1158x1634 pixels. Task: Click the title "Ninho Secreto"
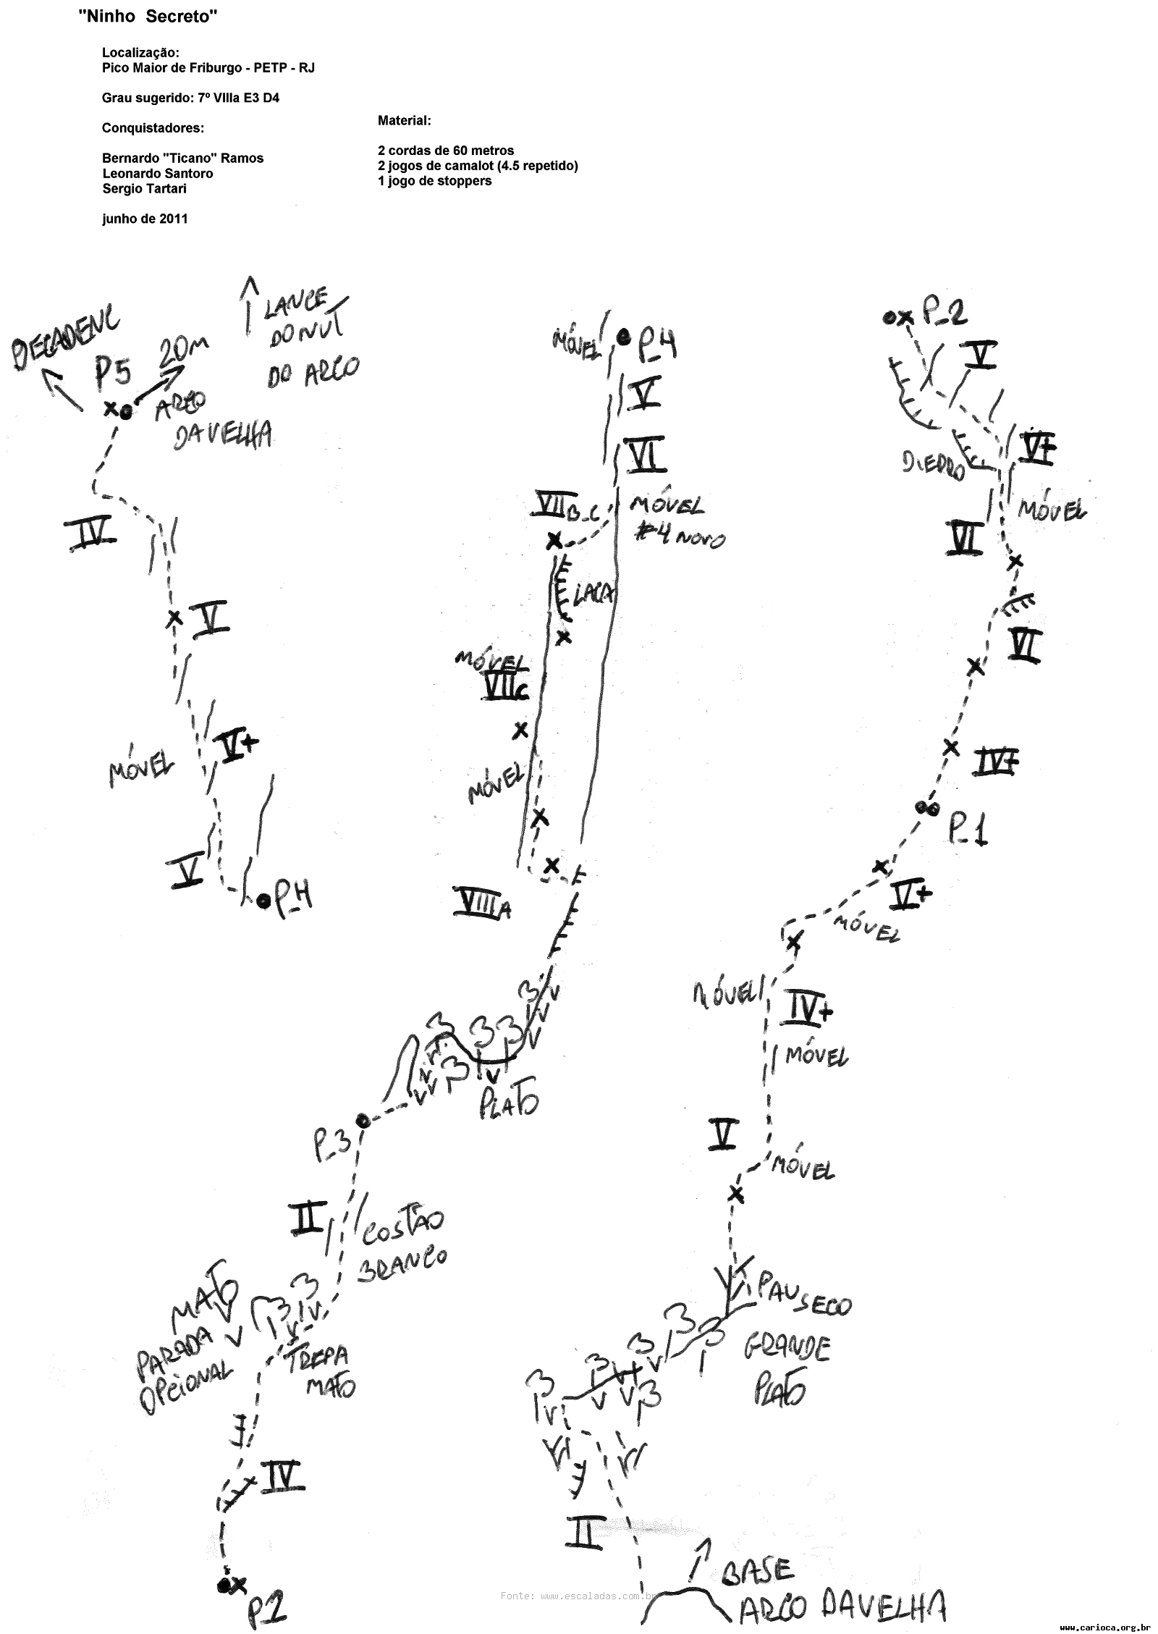(148, 17)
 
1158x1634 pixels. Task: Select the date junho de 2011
(145, 219)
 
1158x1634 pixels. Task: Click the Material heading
(405, 120)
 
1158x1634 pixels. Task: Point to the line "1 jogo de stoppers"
(434, 181)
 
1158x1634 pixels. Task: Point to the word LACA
(593, 594)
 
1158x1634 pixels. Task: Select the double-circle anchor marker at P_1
(926, 807)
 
